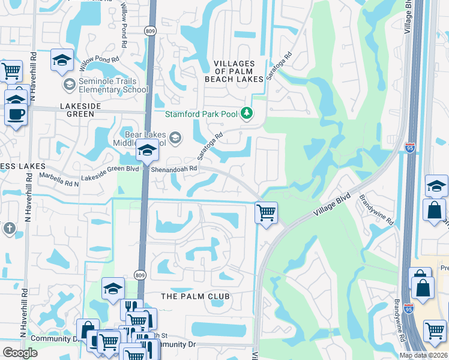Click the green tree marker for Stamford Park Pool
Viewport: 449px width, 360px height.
pos(246,113)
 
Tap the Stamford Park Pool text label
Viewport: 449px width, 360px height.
pos(202,114)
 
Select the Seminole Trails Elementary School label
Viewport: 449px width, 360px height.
pos(114,86)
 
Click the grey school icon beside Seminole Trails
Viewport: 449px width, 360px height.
pos(69,85)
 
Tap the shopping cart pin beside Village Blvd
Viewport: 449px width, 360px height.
pos(265,212)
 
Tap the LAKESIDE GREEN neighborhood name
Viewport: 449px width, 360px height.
pos(72,106)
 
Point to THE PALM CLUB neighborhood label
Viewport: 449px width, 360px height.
pos(195,296)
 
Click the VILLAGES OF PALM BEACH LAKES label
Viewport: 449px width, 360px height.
pos(239,71)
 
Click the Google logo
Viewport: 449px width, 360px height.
pos(20,353)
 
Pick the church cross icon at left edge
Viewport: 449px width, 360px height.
pos(8,228)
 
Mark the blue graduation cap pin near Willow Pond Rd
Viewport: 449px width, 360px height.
pos(62,60)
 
